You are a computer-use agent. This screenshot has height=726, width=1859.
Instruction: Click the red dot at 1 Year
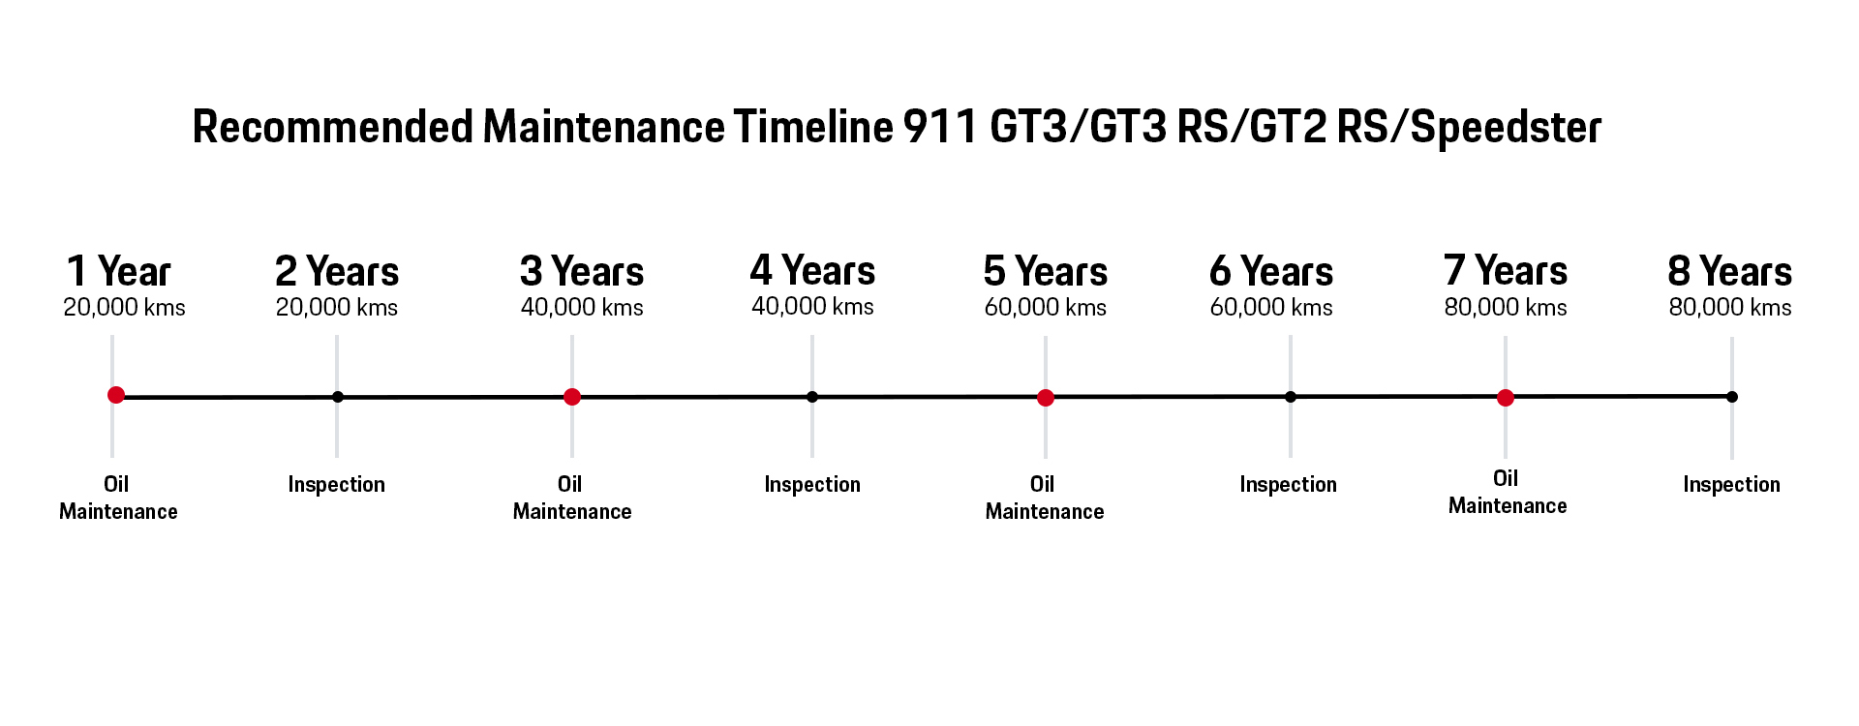coord(116,395)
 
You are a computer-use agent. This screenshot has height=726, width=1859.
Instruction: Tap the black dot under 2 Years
coord(337,397)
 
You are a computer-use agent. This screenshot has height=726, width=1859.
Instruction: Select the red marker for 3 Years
coord(572,397)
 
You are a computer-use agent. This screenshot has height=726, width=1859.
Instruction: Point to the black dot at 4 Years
coord(812,397)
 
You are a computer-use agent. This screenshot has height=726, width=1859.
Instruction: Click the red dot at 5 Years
coord(1046,398)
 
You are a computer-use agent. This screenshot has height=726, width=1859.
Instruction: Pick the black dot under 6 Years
coord(1291,397)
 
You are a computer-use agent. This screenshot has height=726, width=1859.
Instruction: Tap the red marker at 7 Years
coord(1506,398)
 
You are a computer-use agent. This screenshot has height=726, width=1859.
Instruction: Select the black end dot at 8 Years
coord(1732,397)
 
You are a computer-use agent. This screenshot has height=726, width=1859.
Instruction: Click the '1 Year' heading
coord(118,271)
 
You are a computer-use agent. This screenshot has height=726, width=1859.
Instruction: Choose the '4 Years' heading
coord(812,270)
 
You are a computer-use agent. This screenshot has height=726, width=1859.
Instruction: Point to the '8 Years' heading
coord(1730,271)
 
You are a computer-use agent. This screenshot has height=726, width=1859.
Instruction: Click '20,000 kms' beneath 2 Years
coord(337,308)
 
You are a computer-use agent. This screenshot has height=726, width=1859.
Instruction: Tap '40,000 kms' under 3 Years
coord(582,308)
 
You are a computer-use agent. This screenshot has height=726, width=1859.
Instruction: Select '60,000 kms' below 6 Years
coord(1271,308)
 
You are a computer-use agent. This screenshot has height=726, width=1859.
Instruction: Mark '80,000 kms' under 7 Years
coord(1506,308)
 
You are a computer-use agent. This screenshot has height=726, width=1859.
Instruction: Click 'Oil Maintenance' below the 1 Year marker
coord(118,498)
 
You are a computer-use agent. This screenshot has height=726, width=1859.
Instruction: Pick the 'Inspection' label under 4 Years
coord(812,484)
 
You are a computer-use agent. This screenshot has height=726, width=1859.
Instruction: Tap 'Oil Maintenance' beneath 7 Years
coord(1508,492)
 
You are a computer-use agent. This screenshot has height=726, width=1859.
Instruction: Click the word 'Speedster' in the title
coord(1506,128)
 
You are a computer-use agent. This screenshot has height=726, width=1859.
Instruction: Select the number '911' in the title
coord(940,127)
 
